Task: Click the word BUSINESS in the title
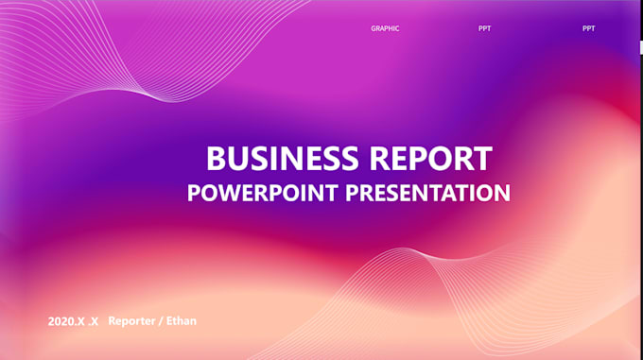coord(283,158)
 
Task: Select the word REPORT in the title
coord(431,158)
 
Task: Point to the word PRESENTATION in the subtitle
coord(427,193)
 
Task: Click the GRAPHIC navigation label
coord(385,28)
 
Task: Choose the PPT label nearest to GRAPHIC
coord(484,28)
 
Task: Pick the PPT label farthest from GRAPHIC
coord(588,28)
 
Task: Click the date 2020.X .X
coord(73,321)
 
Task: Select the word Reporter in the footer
coord(131,321)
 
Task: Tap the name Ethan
coord(182,320)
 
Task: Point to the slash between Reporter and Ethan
coord(161,321)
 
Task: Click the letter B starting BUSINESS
coord(217,158)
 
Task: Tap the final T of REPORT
coord(482,158)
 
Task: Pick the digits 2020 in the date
coord(61,321)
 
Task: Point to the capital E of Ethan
coord(169,320)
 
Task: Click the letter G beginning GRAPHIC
coord(374,28)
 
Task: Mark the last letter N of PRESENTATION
coord(503,193)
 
